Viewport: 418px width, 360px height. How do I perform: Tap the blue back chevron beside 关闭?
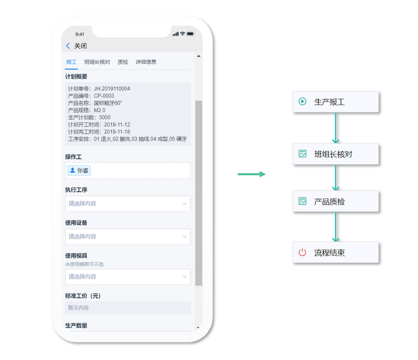pos(68,46)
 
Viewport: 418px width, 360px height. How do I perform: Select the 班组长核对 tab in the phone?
pos(97,62)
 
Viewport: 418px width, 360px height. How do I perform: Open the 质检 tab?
pos(122,62)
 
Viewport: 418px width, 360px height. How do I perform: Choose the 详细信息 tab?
pos(146,62)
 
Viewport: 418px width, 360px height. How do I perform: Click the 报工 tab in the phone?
pos(71,62)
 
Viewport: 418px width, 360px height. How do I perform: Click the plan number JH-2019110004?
pos(111,88)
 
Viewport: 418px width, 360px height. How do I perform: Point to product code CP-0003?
pos(104,96)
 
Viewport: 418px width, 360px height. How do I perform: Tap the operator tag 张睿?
pos(79,170)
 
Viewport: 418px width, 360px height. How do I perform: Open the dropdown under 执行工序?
pos(128,203)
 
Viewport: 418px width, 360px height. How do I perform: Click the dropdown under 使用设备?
pos(128,236)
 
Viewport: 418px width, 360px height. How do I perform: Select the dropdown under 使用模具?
pos(128,276)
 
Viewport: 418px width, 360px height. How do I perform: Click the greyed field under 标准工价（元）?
pos(128,308)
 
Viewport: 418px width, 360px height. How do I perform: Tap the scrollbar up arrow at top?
pos(199,56)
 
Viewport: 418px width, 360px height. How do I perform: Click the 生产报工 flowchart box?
pos(336,102)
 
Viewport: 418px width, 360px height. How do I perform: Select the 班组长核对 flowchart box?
pos(336,154)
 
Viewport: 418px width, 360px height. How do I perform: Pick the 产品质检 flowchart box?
pos(336,201)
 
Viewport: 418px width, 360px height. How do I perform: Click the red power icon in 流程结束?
pos(302,252)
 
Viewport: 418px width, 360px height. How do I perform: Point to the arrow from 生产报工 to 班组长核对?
pos(336,128)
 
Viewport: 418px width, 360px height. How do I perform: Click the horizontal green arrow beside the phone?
pos(251,174)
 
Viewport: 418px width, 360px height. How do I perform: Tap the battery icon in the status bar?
pos(190,34)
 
